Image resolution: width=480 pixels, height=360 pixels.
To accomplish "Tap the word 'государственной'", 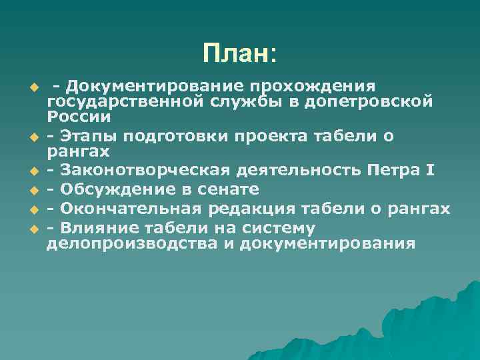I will click(109, 101).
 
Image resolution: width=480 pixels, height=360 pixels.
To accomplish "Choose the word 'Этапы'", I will click(83, 136).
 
